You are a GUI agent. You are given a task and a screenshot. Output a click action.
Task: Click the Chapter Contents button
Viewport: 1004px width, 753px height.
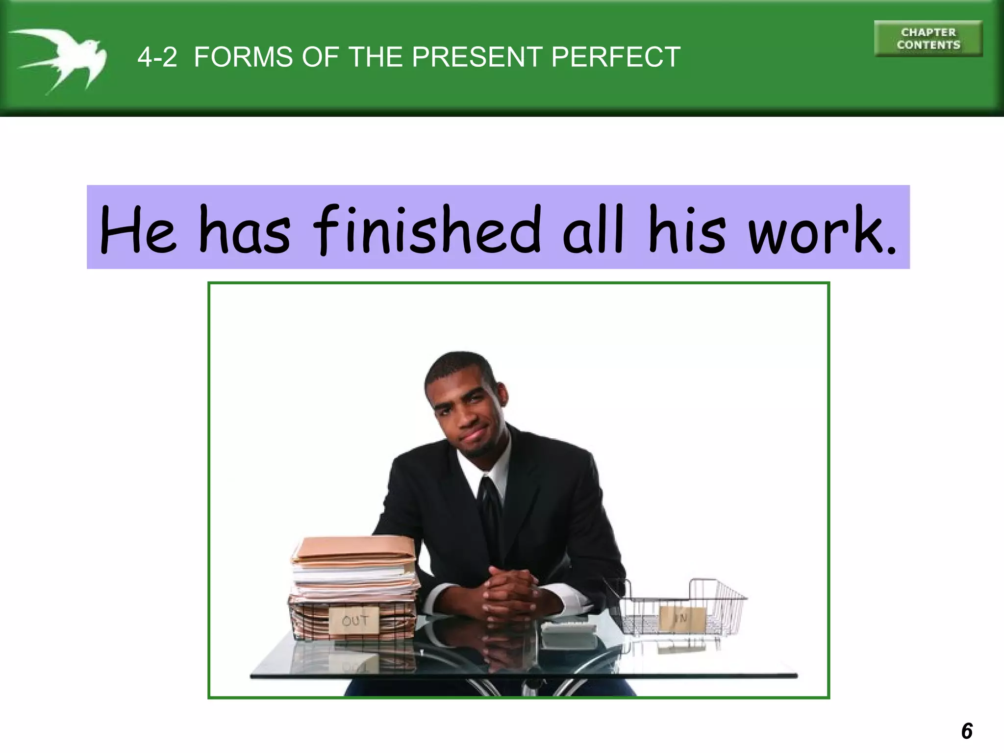click(928, 39)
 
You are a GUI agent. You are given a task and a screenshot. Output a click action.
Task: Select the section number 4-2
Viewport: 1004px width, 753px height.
click(157, 57)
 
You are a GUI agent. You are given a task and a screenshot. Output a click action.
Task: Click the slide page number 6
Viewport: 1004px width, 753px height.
click(967, 731)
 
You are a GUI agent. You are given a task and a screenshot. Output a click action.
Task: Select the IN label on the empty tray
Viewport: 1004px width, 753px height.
click(681, 618)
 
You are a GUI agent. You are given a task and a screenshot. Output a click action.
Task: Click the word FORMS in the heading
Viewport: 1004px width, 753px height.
click(243, 57)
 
